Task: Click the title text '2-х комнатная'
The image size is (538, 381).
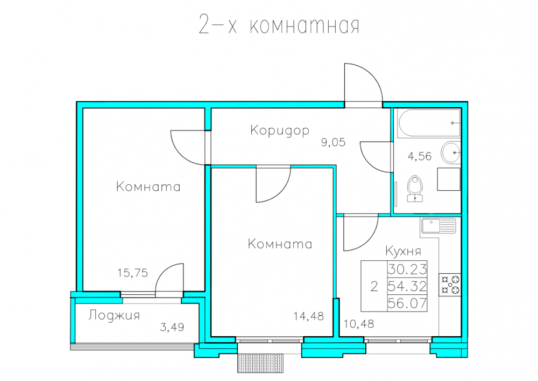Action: [279, 25]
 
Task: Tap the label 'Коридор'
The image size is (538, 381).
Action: [280, 131]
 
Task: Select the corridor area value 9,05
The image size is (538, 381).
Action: [333, 142]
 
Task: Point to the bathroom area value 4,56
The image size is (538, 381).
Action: [419, 156]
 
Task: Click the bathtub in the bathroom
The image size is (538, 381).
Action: [429, 123]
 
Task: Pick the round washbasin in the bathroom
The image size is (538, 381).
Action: [450, 152]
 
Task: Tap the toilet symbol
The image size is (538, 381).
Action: [415, 189]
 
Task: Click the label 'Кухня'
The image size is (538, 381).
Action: [403, 251]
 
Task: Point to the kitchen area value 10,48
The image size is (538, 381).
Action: [359, 324]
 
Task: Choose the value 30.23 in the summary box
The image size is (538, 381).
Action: [407, 269]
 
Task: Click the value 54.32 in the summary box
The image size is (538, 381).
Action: [407, 286]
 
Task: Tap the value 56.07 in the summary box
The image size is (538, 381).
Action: [407, 303]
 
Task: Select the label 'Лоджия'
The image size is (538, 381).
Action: [114, 315]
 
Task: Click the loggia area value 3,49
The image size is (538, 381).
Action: [172, 327]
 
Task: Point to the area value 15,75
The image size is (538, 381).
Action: [133, 273]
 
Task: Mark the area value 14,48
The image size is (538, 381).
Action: [309, 316]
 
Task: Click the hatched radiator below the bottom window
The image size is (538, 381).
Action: [260, 363]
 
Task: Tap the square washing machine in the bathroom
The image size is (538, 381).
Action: [449, 179]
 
